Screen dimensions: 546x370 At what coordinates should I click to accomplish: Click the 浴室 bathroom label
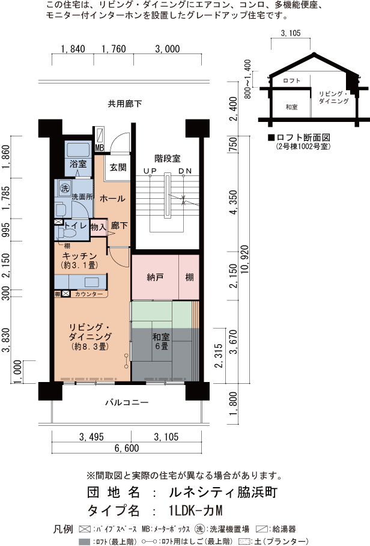(x=78, y=164)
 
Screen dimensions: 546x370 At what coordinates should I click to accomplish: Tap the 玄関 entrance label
(x=118, y=168)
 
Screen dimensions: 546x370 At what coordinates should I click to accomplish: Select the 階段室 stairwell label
(x=167, y=159)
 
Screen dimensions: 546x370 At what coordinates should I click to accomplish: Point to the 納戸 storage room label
(x=155, y=278)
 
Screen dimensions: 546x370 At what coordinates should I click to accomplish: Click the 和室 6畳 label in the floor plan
(x=160, y=341)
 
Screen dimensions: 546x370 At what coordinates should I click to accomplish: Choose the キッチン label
(x=76, y=256)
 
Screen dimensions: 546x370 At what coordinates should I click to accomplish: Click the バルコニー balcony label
(x=127, y=402)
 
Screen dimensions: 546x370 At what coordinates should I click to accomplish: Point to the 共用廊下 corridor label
(x=125, y=104)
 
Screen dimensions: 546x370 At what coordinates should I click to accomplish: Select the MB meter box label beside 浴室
(x=99, y=147)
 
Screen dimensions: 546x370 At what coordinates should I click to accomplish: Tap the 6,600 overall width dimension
(x=127, y=448)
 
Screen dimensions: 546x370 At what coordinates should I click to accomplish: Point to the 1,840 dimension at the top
(x=73, y=49)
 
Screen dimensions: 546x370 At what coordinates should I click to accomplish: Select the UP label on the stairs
(x=150, y=171)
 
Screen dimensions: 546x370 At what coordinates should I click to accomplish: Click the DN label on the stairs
(x=185, y=171)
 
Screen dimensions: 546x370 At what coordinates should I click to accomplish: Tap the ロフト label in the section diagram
(x=291, y=80)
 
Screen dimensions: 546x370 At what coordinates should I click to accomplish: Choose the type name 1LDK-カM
(x=195, y=511)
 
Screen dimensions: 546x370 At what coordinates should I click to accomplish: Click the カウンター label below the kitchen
(x=89, y=294)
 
